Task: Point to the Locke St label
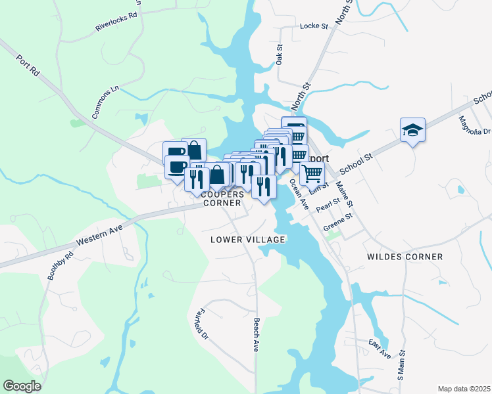click(x=313, y=26)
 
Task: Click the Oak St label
click(x=280, y=54)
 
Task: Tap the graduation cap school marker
click(x=412, y=131)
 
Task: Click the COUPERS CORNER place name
click(x=222, y=199)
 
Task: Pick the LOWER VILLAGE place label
click(x=247, y=240)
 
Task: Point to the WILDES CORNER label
click(x=405, y=257)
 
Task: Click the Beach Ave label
click(x=256, y=335)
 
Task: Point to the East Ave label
click(x=380, y=349)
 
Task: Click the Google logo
click(x=22, y=386)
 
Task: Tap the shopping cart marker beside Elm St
click(x=312, y=174)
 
